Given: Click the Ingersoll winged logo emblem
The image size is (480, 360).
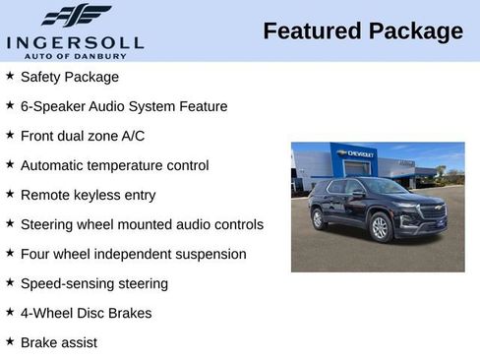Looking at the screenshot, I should click(x=76, y=16).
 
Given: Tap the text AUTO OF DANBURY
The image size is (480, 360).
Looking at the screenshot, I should click(x=75, y=55).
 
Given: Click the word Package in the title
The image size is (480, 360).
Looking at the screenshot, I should click(x=415, y=31).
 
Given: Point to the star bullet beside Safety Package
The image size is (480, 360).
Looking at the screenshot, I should click(x=10, y=76).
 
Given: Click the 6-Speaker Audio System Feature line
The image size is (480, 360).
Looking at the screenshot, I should click(x=123, y=106).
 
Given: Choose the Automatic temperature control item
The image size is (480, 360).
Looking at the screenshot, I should click(x=114, y=165).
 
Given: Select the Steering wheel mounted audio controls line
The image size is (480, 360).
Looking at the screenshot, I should click(x=142, y=224).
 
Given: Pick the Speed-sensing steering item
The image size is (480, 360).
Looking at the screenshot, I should click(x=94, y=283).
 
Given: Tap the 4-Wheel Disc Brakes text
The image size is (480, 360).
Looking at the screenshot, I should click(x=86, y=313).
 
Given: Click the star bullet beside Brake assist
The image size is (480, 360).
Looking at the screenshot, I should click(x=10, y=341).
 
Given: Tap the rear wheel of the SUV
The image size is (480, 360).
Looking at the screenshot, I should click(x=319, y=218).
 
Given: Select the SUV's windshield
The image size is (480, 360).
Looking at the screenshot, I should click(x=386, y=187).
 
